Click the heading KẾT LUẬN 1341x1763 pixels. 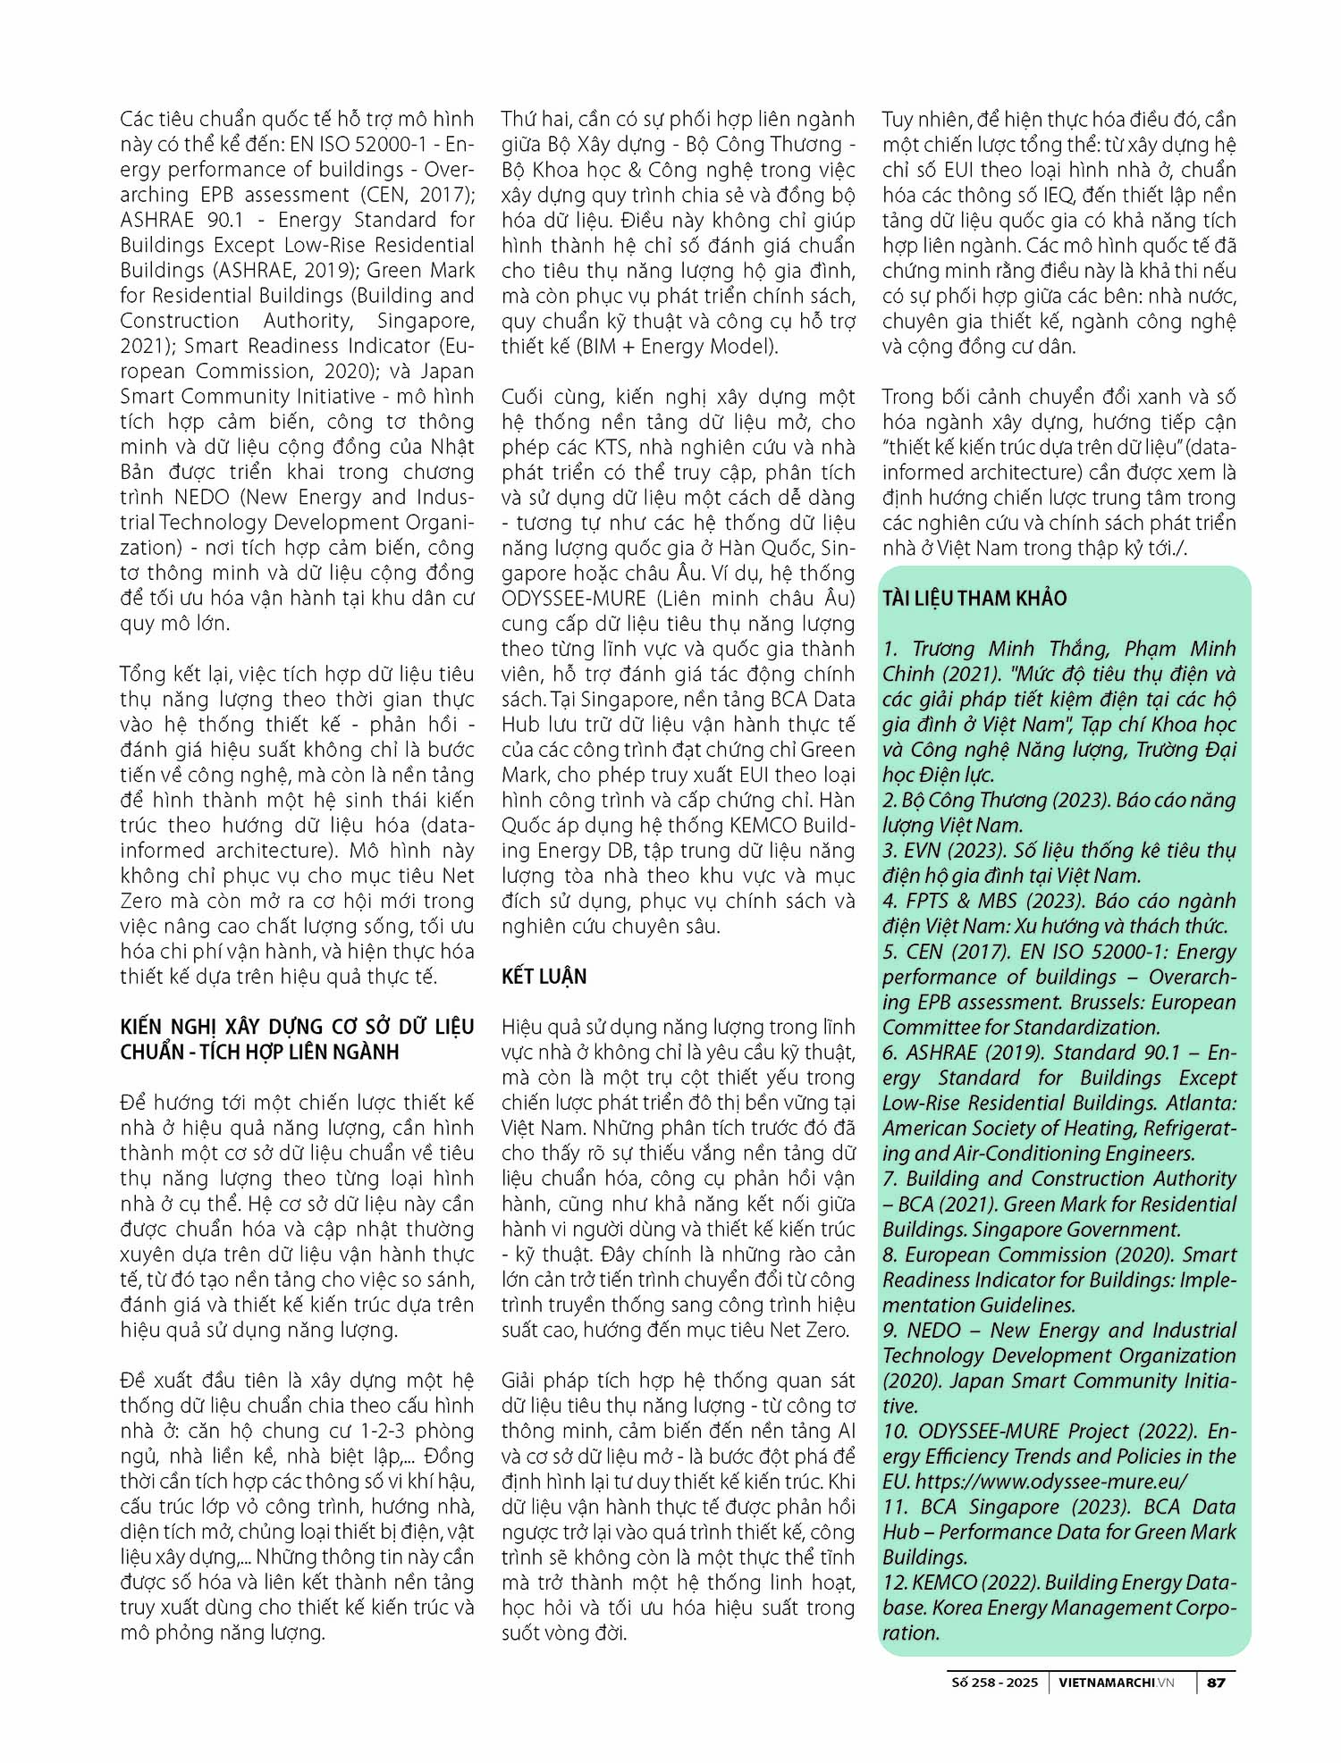click(x=544, y=976)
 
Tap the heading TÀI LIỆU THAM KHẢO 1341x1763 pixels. click(x=974, y=598)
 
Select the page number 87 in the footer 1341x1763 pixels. click(x=1216, y=1682)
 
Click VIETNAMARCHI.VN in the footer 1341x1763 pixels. click(x=1116, y=1682)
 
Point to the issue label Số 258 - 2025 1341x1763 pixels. click(x=994, y=1682)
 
